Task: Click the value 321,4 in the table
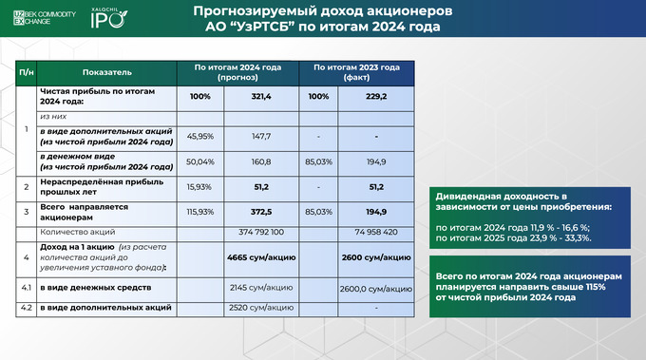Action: click(x=261, y=97)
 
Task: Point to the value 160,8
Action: click(x=261, y=162)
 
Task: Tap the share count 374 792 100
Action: click(x=261, y=231)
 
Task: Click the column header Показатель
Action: click(x=107, y=71)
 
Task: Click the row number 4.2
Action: click(x=27, y=307)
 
